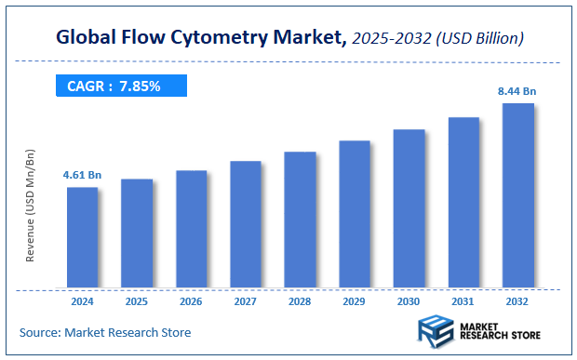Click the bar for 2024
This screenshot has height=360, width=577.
point(82,237)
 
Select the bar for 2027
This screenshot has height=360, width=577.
point(246,224)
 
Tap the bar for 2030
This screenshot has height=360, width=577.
point(409,208)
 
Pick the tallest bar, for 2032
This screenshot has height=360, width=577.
point(517,195)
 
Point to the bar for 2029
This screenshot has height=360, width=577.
point(355,214)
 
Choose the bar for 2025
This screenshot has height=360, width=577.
point(137,233)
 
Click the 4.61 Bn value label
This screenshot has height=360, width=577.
point(81,175)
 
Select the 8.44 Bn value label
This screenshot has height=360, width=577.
point(517,91)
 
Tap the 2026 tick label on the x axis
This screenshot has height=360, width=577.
point(191,302)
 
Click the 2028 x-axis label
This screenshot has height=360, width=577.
point(300,302)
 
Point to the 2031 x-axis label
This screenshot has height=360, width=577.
point(463,302)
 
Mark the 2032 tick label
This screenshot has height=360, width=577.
point(517,302)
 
